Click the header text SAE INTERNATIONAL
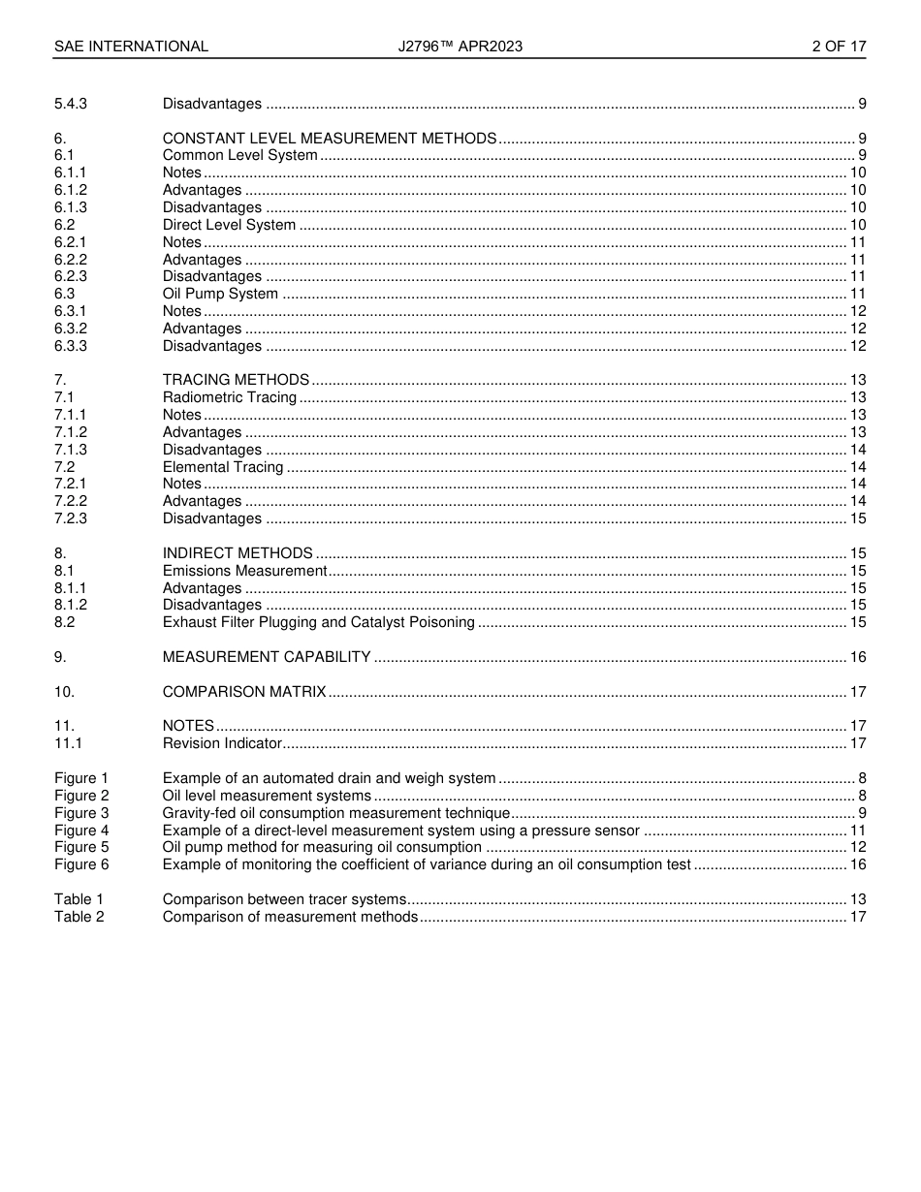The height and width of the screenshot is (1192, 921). pyautogui.click(x=131, y=47)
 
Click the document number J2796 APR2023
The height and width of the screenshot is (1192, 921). pyautogui.click(x=460, y=47)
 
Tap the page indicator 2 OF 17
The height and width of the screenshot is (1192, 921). pyautogui.click(x=839, y=47)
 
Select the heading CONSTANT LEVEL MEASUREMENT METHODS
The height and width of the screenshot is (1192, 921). pyautogui.click(x=330, y=139)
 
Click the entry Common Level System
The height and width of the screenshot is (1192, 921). pyautogui.click(x=239, y=156)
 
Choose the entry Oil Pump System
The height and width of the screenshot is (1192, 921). pyautogui.click(x=220, y=294)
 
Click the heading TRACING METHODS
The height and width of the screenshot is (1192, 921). pyautogui.click(x=236, y=380)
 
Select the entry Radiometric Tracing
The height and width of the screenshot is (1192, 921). pyautogui.click(x=230, y=397)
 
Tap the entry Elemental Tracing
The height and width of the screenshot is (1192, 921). pyautogui.click(x=223, y=467)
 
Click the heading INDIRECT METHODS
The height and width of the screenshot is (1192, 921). pyautogui.click(x=238, y=553)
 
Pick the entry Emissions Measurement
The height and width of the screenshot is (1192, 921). pyautogui.click(x=244, y=571)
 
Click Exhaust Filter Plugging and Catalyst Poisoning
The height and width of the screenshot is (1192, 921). pyautogui.click(x=319, y=622)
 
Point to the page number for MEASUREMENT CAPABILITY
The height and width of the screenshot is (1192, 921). pyautogui.click(x=857, y=657)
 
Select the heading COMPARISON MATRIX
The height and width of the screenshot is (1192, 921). pyautogui.click(x=244, y=692)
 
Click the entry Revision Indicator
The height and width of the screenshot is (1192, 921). pyautogui.click(x=222, y=743)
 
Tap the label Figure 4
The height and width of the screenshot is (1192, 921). pyautogui.click(x=81, y=831)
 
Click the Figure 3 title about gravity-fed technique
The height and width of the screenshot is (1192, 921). pyautogui.click(x=336, y=813)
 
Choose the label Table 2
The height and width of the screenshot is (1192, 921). pyautogui.click(x=79, y=917)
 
